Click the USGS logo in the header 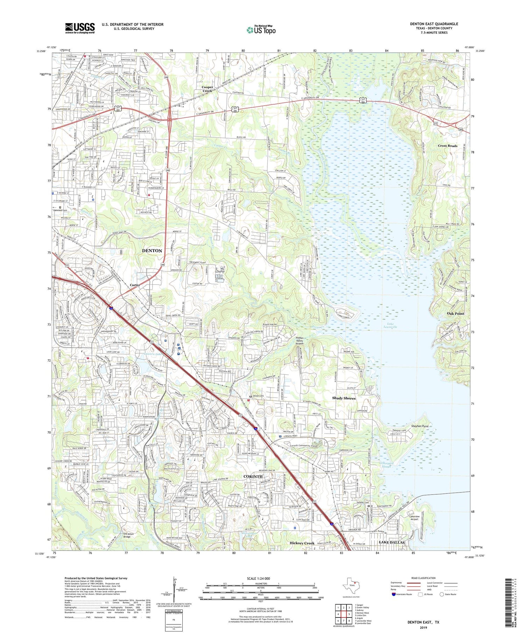[80, 28]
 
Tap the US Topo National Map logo [261, 30]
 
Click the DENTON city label [152, 251]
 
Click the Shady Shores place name [343, 398]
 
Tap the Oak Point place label [455, 313]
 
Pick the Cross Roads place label [447, 146]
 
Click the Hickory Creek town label [302, 543]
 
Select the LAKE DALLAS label [392, 543]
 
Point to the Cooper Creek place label [207, 89]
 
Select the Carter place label [135, 285]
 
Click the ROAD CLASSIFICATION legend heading [423, 578]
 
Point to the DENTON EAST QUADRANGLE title [434, 24]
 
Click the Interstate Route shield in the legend [394, 594]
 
